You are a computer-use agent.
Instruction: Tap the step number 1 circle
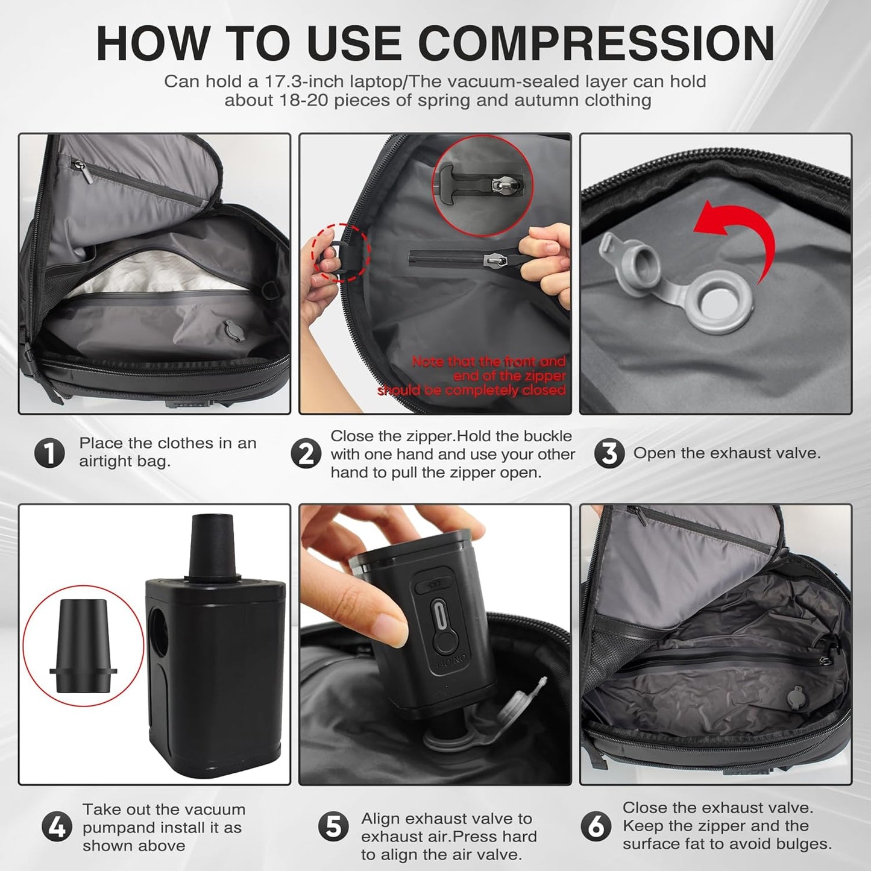coord(49,453)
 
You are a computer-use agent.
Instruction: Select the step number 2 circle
coord(306,454)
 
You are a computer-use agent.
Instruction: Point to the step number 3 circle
coord(609,453)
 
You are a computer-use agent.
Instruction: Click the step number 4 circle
coord(57,827)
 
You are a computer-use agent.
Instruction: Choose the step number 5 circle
coord(333,827)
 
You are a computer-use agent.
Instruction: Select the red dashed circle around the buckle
coord(341,253)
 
